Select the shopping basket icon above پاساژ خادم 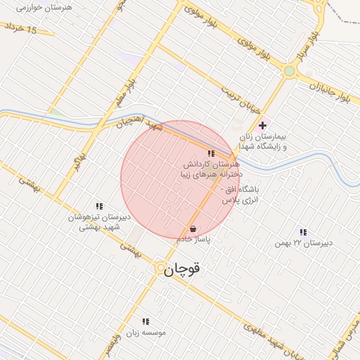(193, 229)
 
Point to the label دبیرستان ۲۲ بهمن (311, 243)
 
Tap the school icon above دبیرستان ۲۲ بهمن (303, 231)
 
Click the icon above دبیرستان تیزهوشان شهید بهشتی (99, 207)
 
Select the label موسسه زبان (146, 332)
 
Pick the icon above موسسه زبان (146, 321)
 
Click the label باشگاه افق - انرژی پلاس (241, 195)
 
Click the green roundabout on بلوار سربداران (289, 71)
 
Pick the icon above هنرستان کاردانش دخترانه (210, 153)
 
